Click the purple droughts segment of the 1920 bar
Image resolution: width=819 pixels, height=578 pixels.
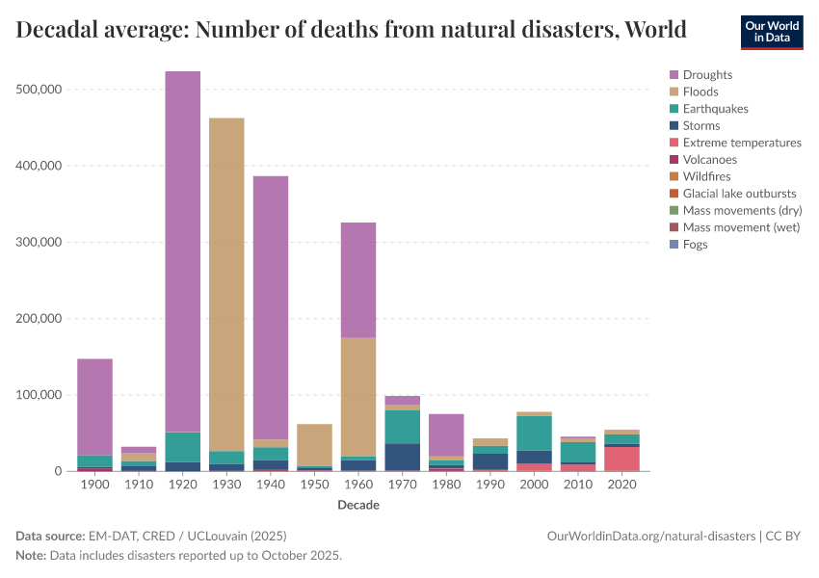[x=182, y=250]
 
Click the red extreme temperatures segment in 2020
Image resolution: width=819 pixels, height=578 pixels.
[x=621, y=459]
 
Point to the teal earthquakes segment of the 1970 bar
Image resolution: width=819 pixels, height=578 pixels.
[x=402, y=427]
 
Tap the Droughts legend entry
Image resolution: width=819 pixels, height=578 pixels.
[x=707, y=75]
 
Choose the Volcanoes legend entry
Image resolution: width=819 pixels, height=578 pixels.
[x=710, y=160]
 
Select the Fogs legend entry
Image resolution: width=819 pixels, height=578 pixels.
[x=695, y=245]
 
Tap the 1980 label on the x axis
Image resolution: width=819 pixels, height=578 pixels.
[x=446, y=486]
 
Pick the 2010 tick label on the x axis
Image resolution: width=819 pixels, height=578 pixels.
[x=578, y=486]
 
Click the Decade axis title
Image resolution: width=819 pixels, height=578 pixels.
[x=358, y=506]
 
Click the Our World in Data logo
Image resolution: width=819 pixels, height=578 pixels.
[x=771, y=32]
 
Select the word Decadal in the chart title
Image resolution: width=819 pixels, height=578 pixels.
[x=61, y=30]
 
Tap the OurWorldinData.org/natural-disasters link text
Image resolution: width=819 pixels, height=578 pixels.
[x=650, y=536]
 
